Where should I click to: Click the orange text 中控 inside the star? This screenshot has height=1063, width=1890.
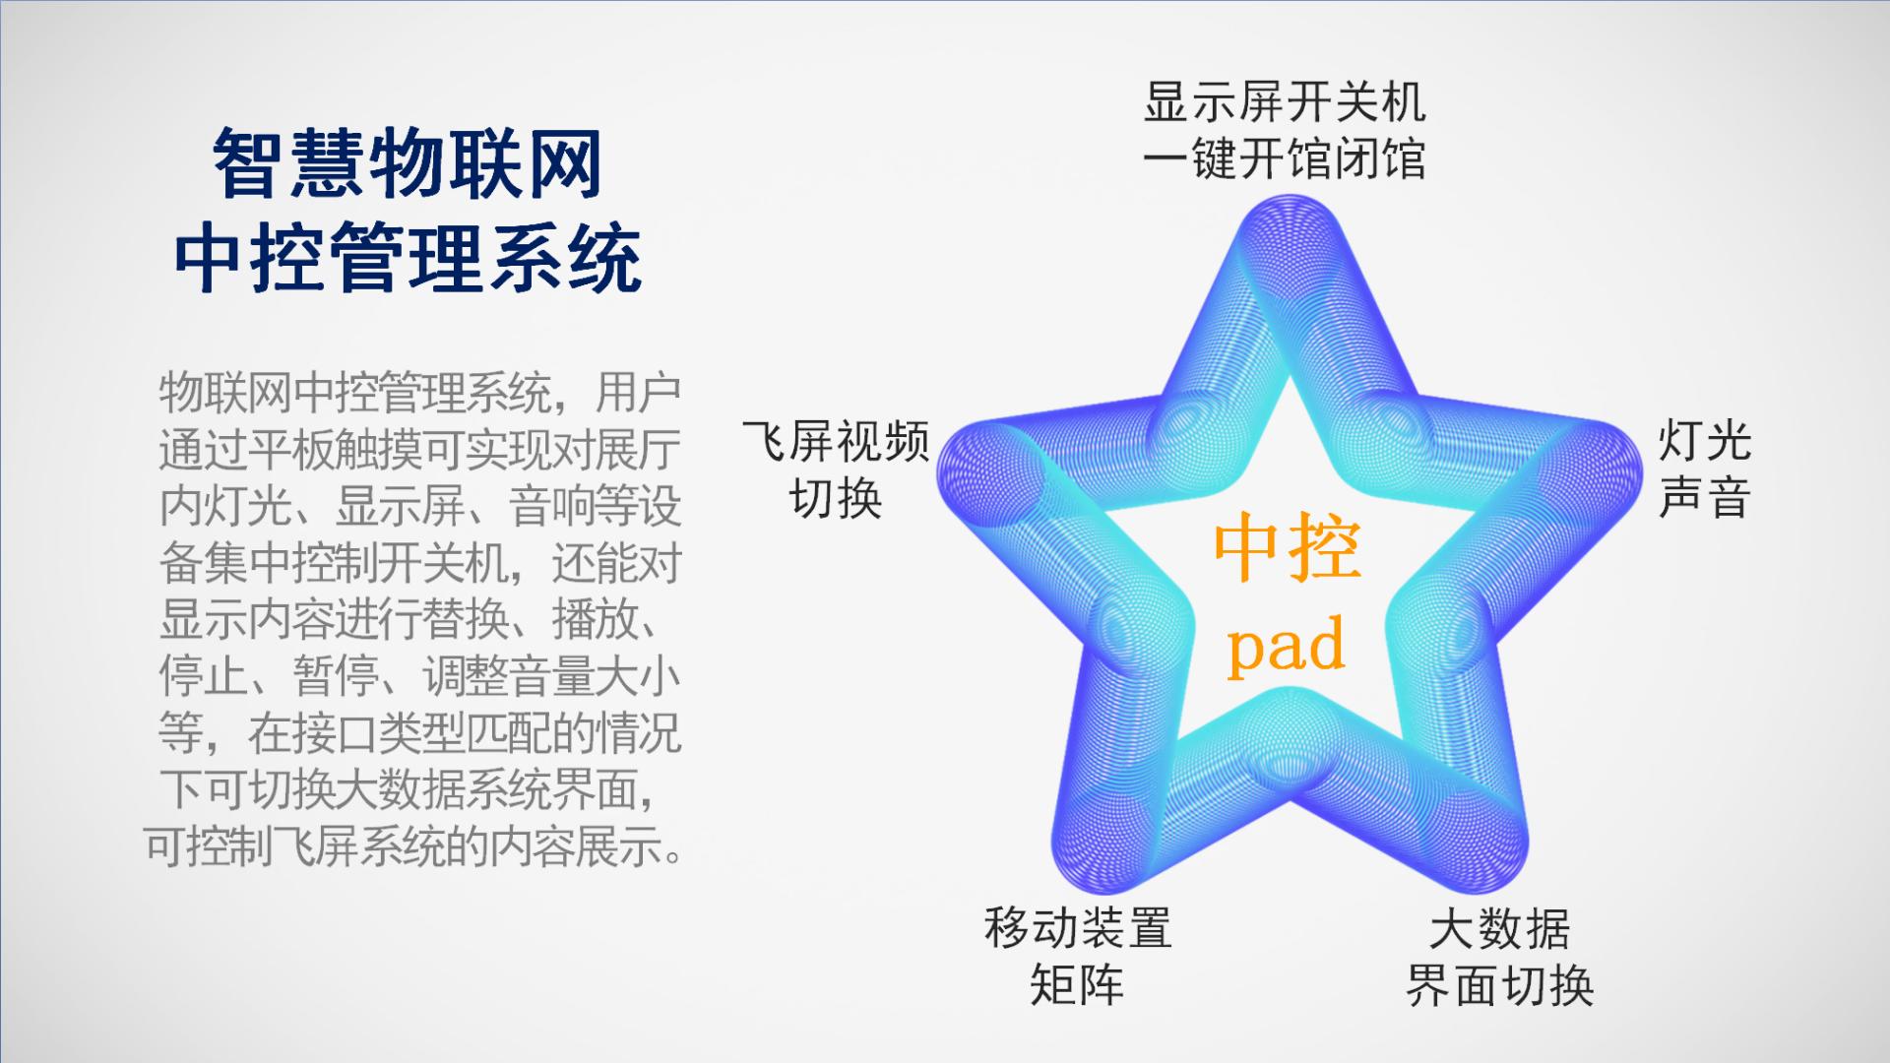1287,549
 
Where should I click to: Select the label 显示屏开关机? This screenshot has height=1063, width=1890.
1285,102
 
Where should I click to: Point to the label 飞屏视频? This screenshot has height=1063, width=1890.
836,441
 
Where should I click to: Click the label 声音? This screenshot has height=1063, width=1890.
1705,497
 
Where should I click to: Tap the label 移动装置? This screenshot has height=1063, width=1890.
1078,928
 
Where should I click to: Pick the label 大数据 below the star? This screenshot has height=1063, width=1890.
1499,928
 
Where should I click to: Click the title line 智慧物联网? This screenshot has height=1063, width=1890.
408,164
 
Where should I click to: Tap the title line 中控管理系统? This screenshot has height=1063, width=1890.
408,258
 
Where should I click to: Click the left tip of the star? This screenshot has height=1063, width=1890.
943,463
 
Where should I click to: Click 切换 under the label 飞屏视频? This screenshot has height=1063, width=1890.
836,498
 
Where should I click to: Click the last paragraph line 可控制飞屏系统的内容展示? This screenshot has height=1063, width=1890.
413,845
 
